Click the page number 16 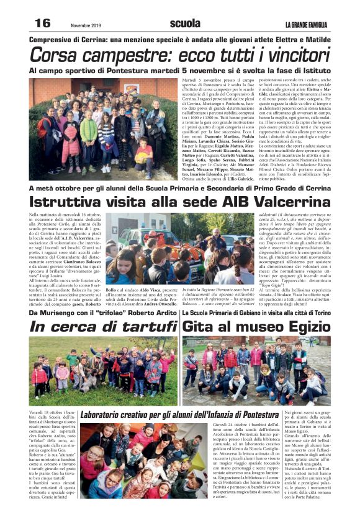pyautogui.click(x=42, y=24)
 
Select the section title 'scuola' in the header pyautogui.click(x=185, y=24)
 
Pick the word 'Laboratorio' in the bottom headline pyautogui.click(x=101, y=414)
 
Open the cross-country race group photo pyautogui.click(x=104, y=129)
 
